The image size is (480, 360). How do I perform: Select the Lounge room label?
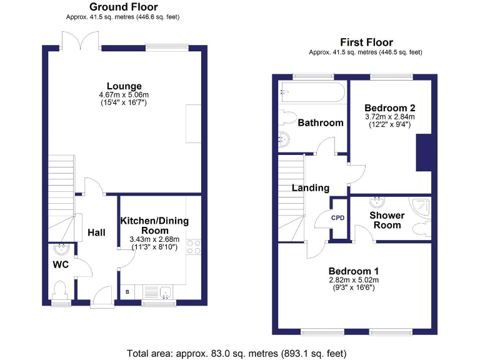[x=124, y=86]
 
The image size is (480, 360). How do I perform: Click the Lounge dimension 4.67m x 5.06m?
[x=124, y=95]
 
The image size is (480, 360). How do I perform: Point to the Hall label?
[x=96, y=232]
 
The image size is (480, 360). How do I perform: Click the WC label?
[x=60, y=264]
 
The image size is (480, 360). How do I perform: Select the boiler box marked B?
[x=127, y=292]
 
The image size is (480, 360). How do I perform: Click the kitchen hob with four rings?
[x=194, y=247]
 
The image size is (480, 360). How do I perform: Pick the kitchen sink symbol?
[x=166, y=292]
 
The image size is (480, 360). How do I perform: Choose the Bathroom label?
[x=320, y=122]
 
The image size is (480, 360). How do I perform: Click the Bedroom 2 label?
[x=390, y=107]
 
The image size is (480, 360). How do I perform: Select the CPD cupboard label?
[x=338, y=218]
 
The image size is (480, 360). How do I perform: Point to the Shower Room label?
[x=387, y=220]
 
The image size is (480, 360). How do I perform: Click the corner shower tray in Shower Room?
[x=421, y=207]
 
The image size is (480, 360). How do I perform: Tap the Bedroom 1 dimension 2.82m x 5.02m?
[x=354, y=280]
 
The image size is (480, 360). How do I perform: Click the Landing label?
[x=311, y=187]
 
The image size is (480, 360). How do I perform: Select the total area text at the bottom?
[x=240, y=352]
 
